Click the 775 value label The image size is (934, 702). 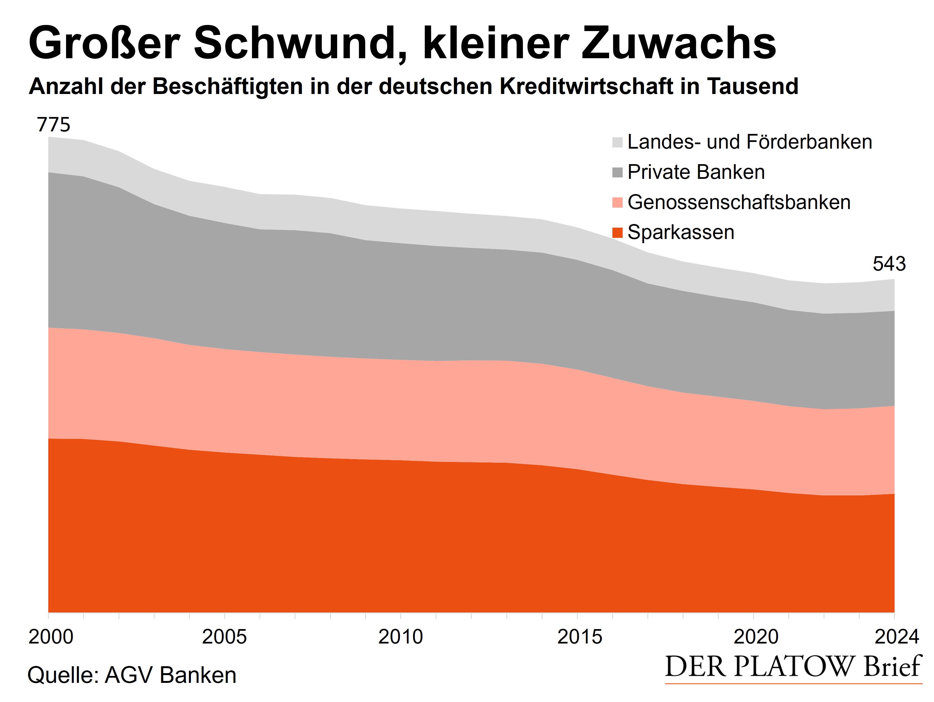(x=54, y=125)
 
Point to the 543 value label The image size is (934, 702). (x=889, y=264)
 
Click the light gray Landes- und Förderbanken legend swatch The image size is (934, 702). (x=617, y=142)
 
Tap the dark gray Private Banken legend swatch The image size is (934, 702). (x=617, y=172)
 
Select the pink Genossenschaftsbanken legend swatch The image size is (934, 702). (x=617, y=202)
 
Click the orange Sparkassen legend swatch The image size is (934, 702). (x=617, y=232)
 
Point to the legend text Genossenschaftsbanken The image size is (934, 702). (x=739, y=202)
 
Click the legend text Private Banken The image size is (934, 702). (x=696, y=172)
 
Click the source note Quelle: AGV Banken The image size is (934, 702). (x=132, y=675)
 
